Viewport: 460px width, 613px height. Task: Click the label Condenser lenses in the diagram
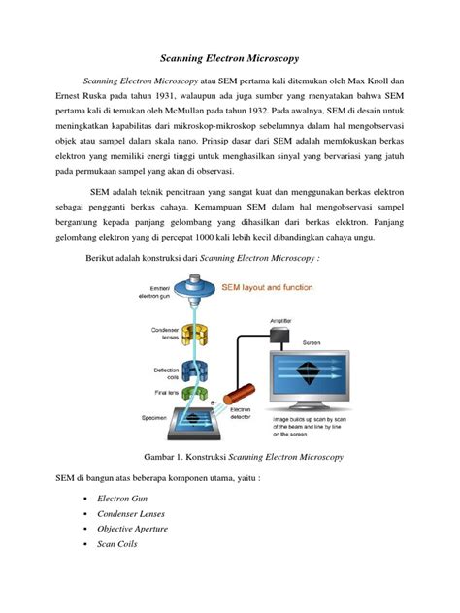point(163,332)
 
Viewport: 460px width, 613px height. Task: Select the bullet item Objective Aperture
point(133,529)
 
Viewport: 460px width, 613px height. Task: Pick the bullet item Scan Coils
point(117,544)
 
